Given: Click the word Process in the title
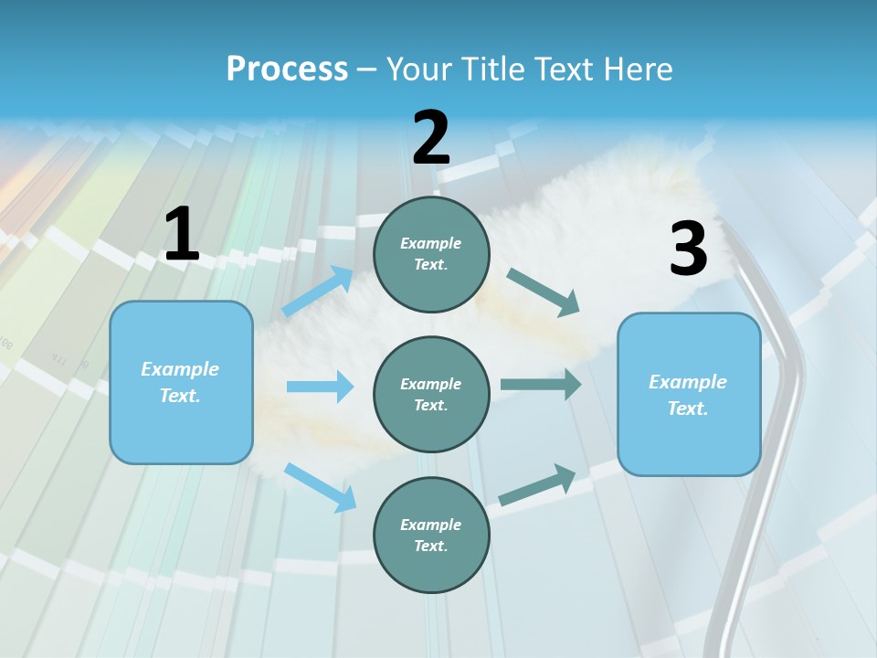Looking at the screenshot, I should click(x=287, y=69).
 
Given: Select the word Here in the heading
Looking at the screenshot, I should click(x=638, y=69).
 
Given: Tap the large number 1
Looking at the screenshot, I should click(x=182, y=235).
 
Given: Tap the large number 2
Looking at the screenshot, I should click(x=431, y=138).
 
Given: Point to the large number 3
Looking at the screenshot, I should click(x=688, y=249).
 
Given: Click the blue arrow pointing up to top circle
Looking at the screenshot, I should click(x=318, y=292).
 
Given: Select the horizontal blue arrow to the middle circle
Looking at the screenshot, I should click(x=320, y=387).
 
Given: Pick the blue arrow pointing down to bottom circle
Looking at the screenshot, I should click(x=321, y=487).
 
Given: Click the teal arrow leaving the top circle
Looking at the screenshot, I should click(x=544, y=292).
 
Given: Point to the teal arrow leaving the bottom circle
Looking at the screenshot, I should click(x=537, y=485).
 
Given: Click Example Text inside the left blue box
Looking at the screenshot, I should click(x=180, y=382).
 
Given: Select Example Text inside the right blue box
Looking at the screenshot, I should click(x=688, y=395).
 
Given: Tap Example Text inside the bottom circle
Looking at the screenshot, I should click(x=430, y=535).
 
